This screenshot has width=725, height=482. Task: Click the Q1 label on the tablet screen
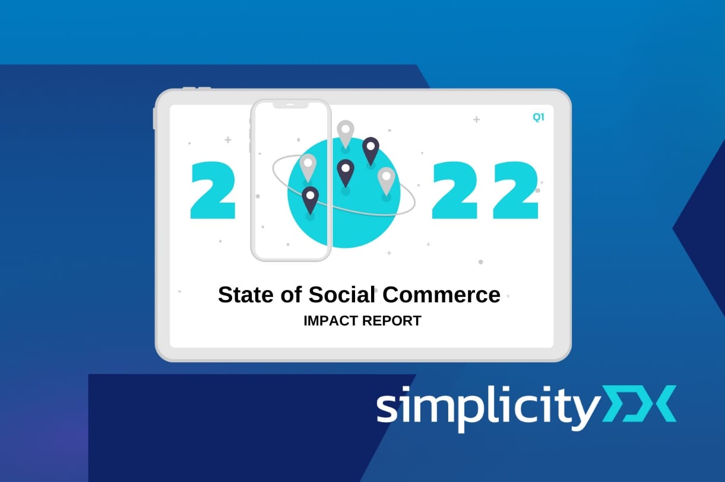(539, 117)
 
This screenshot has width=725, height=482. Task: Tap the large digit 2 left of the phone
(213, 190)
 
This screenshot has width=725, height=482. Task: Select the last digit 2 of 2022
(515, 190)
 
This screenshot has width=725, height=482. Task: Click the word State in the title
(246, 295)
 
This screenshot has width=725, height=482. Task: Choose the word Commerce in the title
(442, 295)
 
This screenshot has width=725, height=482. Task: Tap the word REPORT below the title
(392, 321)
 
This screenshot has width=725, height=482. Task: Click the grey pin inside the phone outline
(308, 168)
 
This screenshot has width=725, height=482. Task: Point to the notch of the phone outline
(290, 105)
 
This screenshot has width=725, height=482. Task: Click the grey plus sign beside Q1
(476, 120)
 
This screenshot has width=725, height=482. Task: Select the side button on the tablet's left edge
(155, 119)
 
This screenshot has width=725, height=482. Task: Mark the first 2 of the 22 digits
(455, 190)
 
